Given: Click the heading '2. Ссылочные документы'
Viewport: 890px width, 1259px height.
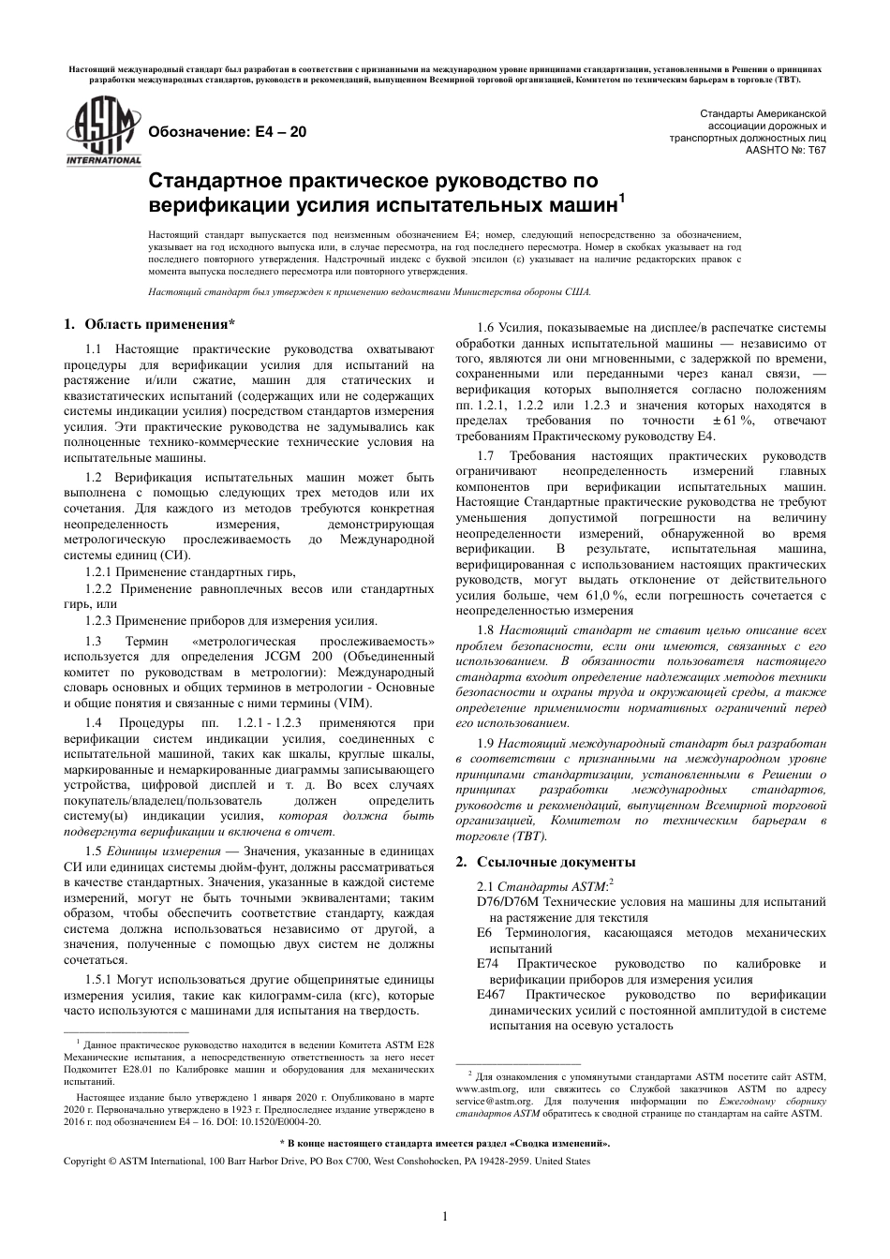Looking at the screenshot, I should coord(545,862).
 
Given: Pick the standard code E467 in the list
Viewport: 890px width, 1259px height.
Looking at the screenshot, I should coord(496,995).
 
